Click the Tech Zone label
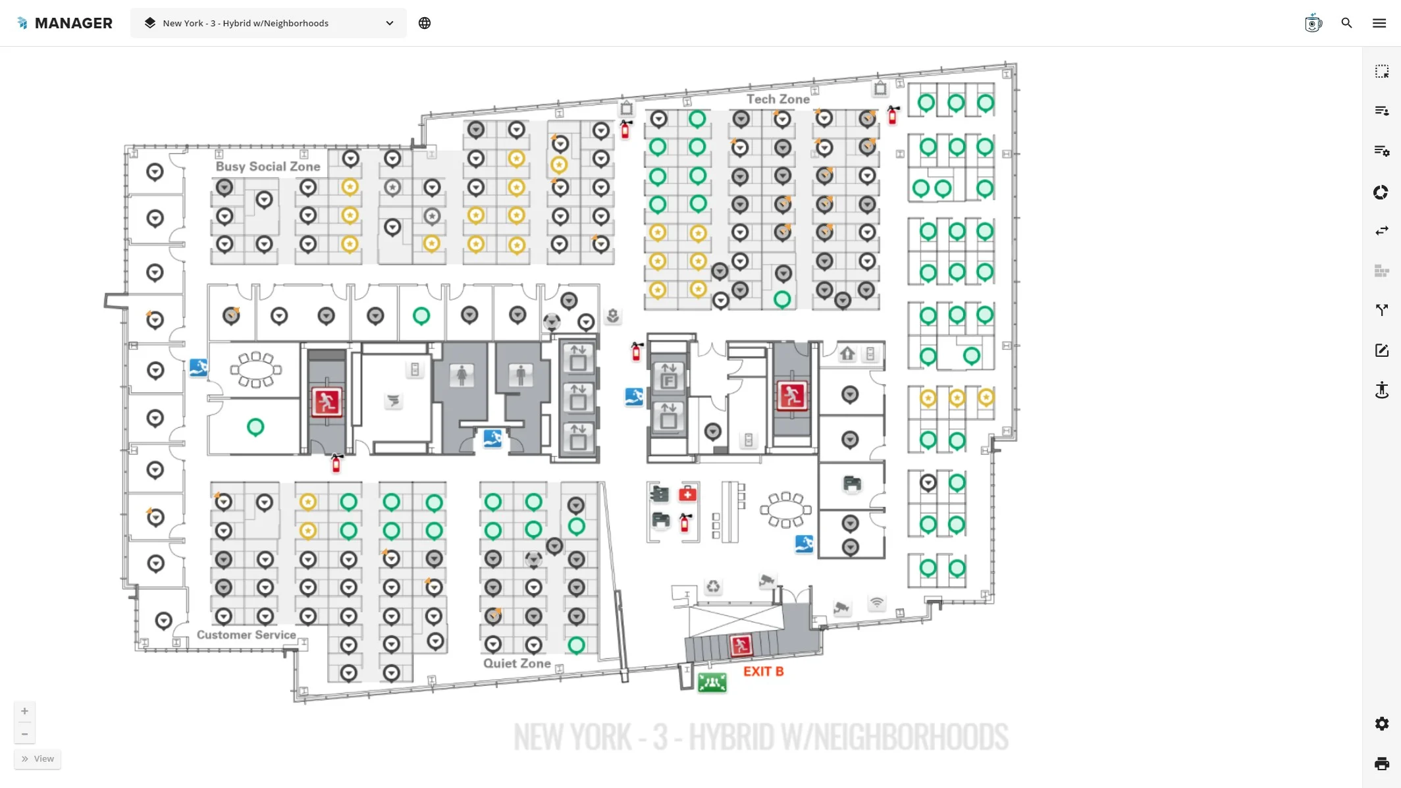click(x=778, y=99)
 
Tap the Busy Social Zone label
click(x=268, y=167)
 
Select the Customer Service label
click(x=246, y=635)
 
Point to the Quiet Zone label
click(x=517, y=664)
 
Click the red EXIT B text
click(x=763, y=671)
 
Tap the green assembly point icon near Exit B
click(x=712, y=683)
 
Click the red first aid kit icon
click(x=687, y=494)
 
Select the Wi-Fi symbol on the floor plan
click(x=876, y=602)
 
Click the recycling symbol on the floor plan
click(x=713, y=586)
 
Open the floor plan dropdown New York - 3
click(x=269, y=23)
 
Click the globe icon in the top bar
click(x=425, y=23)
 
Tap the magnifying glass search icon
click(x=1346, y=23)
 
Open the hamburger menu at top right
click(x=1379, y=23)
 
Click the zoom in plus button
click(x=24, y=711)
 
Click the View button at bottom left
click(x=38, y=759)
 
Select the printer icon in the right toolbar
click(x=1381, y=764)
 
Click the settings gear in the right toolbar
click(x=1381, y=724)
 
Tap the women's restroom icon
click(x=462, y=375)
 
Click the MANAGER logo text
click(x=73, y=23)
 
